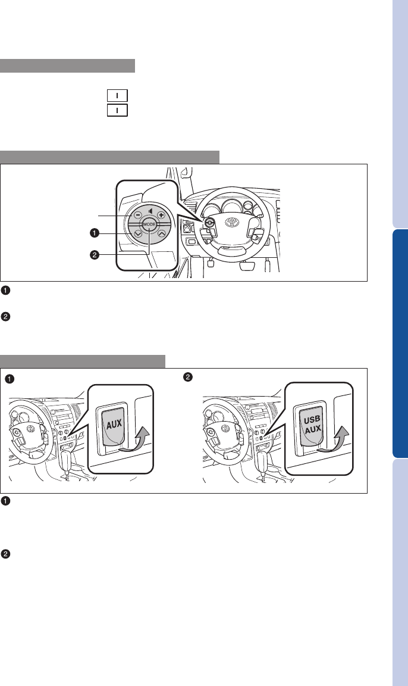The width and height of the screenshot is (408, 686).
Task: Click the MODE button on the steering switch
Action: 149,224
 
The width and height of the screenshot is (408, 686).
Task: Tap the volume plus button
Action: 161,215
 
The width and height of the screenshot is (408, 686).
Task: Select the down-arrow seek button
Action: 138,234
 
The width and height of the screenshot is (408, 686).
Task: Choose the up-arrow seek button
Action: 161,234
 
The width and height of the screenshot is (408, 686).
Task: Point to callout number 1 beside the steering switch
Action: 94,233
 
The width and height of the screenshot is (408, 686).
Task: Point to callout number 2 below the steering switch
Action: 94,254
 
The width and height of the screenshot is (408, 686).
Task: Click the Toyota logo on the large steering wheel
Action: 232,222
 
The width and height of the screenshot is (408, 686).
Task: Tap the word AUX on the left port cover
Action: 114,424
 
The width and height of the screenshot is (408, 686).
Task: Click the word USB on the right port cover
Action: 312,420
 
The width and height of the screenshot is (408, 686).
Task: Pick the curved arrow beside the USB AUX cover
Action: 335,439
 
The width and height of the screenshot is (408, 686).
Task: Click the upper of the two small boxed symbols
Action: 118,95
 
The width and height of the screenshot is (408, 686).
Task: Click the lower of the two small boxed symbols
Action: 118,110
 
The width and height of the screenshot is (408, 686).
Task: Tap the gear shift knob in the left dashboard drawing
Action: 67,460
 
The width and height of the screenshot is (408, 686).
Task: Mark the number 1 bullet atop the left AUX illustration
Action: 9,379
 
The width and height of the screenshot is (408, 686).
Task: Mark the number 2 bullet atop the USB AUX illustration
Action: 188,377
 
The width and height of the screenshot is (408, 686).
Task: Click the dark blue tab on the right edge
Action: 400,344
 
